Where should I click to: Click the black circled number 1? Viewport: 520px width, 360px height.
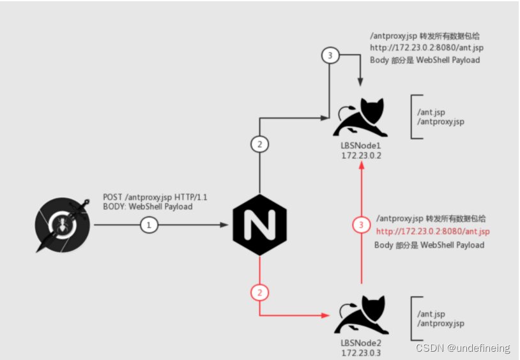(148, 225)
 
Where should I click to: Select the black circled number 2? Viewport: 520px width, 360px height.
(259, 144)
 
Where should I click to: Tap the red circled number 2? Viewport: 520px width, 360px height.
(259, 293)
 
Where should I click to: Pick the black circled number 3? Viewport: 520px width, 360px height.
(329, 56)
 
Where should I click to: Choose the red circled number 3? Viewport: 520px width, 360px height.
(362, 225)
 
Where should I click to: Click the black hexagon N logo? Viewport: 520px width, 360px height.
(259, 224)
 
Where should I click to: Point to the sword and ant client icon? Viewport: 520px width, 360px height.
(63, 225)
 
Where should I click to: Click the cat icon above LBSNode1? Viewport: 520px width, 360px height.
(362, 117)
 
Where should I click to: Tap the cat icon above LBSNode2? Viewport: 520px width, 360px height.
(362, 315)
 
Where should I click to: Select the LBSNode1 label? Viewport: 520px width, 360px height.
(362, 146)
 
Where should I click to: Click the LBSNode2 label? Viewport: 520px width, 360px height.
(362, 343)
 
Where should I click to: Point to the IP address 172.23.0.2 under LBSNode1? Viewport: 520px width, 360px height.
(362, 155)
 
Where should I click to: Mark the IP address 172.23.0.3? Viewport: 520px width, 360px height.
(362, 352)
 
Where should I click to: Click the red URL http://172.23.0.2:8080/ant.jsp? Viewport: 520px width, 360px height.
(432, 231)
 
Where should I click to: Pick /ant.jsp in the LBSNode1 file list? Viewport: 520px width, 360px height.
(431, 112)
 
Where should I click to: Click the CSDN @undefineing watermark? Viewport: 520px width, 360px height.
(463, 348)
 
